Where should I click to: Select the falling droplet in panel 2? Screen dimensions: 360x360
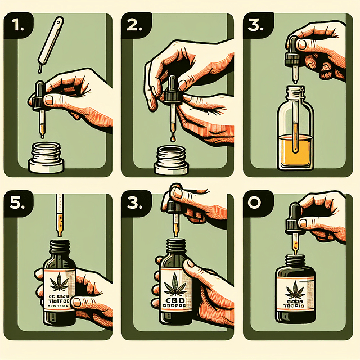click(x=173, y=137)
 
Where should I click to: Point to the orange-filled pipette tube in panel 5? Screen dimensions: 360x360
click(x=58, y=217)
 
